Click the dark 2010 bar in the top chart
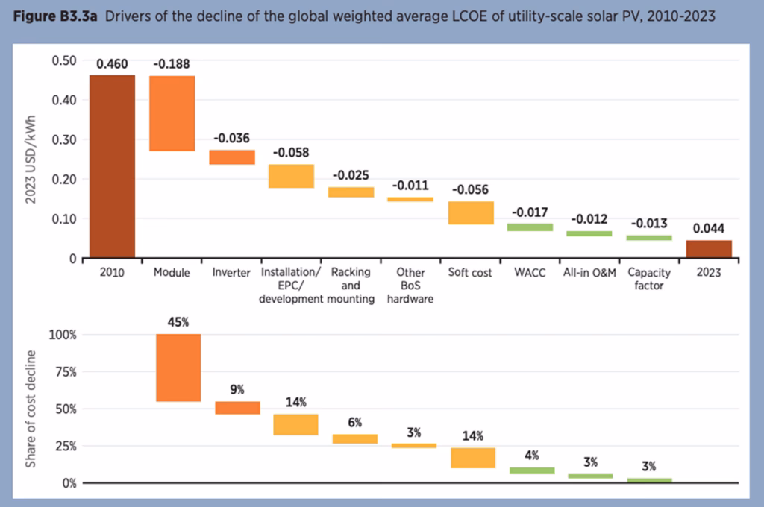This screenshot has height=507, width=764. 112,166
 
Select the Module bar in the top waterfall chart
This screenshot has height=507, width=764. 172,113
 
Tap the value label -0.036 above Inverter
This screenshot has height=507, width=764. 231,138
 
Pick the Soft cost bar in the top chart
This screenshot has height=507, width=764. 471,212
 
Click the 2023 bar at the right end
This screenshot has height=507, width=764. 709,249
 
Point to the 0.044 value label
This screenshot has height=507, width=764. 709,229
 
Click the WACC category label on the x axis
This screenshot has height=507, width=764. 530,273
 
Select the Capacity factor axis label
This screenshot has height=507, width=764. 649,279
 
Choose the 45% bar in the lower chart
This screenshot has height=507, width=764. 178,368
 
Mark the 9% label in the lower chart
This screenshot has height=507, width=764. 237,389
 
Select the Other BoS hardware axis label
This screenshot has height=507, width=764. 410,286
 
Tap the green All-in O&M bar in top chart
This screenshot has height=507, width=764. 589,233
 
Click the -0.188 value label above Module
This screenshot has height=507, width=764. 172,64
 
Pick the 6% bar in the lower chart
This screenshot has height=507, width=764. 355,439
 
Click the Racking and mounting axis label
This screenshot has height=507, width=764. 351,286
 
